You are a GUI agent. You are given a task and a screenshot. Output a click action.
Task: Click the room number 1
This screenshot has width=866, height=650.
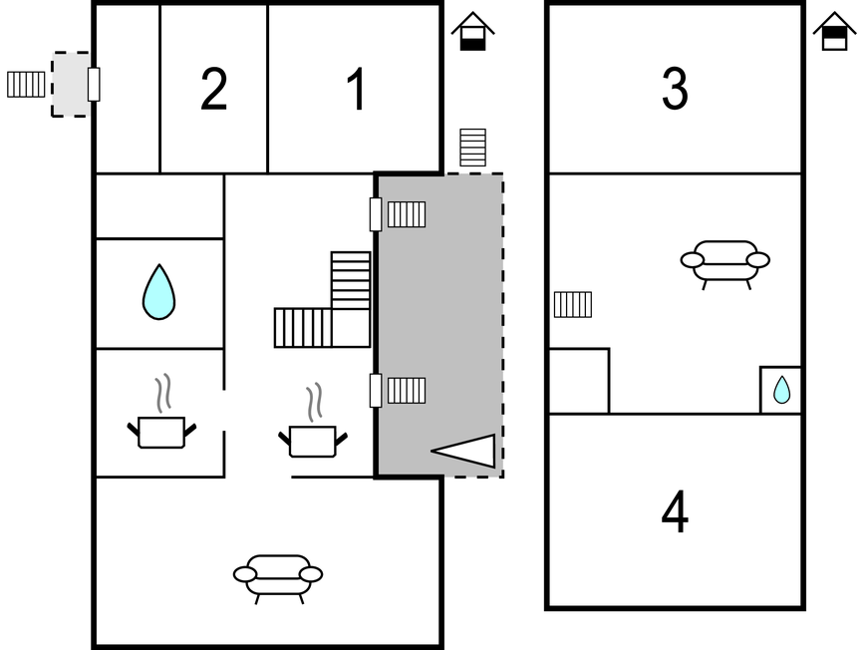coord(356,90)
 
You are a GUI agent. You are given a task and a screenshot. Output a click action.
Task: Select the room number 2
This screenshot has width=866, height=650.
coord(213,90)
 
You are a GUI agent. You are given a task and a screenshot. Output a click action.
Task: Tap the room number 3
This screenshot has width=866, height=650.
coord(675,90)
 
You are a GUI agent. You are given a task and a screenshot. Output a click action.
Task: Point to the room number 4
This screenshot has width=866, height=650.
coord(675,513)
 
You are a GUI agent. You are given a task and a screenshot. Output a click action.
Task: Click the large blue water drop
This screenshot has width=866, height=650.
coord(158,292)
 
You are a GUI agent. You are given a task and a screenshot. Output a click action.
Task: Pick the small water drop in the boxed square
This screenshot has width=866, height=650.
coord(781,390)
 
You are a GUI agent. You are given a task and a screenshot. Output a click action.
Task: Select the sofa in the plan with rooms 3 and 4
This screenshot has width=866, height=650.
coord(725,262)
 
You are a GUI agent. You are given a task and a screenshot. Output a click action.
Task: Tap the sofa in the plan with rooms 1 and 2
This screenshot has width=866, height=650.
coord(278,576)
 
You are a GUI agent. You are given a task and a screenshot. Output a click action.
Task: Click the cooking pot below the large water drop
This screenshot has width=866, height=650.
coord(161,430)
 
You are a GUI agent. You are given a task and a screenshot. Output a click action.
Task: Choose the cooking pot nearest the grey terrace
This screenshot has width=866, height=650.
coord(313,438)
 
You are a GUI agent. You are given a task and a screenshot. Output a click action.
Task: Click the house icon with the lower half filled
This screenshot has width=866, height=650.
coord(472,32)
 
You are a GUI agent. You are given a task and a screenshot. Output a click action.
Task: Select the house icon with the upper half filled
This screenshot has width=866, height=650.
coord(834,32)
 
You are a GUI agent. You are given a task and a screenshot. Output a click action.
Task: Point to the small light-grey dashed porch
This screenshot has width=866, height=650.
coord(70,84)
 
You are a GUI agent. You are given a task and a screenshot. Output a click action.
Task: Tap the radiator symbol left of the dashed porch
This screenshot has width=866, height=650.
coord(26,84)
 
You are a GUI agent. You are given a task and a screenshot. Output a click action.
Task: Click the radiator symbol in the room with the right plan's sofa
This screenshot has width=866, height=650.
coord(573,304)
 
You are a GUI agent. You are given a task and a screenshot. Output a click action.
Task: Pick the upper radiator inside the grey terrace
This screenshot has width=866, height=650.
coord(407,214)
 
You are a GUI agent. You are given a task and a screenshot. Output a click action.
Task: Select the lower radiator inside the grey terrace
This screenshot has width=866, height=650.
coord(407,390)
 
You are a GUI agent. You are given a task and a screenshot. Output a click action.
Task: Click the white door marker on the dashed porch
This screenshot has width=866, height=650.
coord(94,84)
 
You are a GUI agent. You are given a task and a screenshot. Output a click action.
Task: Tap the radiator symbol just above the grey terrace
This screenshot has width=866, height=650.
coord(472,148)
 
